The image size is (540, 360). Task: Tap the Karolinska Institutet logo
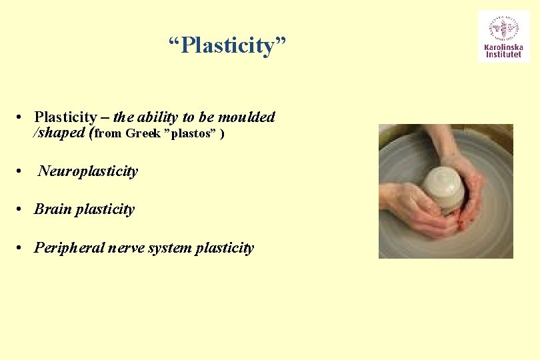point(503,37)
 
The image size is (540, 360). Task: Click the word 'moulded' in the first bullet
point(246,117)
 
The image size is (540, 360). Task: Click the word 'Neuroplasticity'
point(88,171)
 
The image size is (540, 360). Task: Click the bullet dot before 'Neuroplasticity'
point(23,172)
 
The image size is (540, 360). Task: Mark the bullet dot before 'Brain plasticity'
point(23,210)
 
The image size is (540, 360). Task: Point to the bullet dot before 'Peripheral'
point(23,249)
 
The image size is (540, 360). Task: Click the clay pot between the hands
point(444,187)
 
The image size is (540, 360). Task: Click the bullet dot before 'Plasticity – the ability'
point(23,118)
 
